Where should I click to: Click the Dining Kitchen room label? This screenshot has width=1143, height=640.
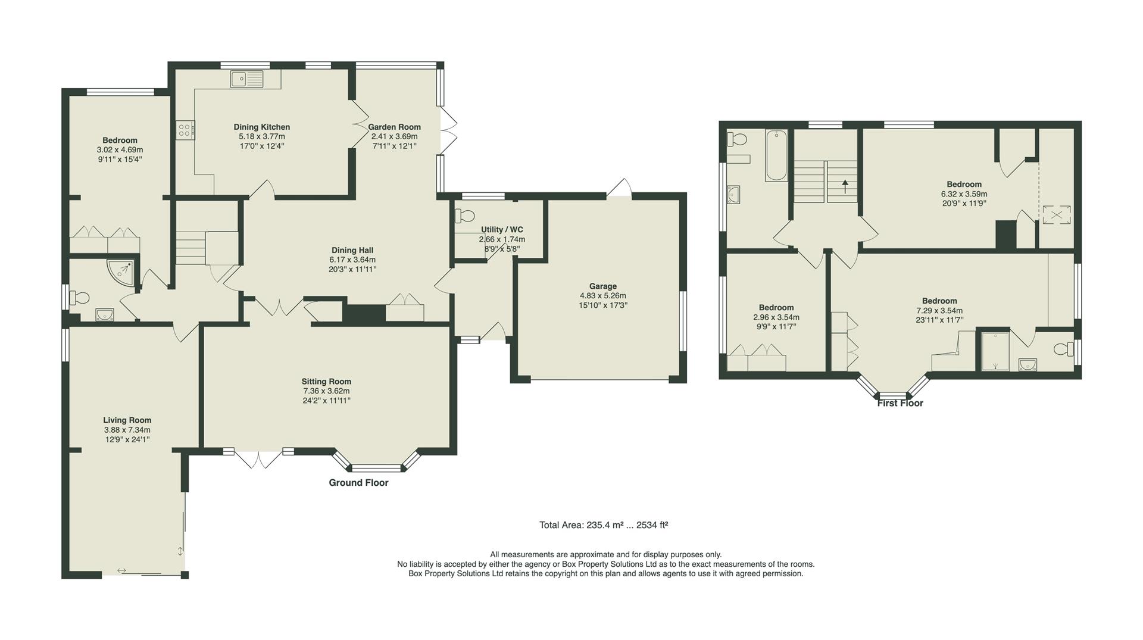[x=262, y=127]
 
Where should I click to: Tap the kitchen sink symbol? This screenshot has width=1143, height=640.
[x=246, y=79]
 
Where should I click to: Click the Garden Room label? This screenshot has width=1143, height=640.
[x=394, y=127]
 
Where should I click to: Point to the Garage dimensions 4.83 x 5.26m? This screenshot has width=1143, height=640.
[x=602, y=296]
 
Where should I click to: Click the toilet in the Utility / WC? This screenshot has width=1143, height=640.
[x=466, y=215]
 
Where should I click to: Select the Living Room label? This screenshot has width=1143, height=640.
[x=127, y=420]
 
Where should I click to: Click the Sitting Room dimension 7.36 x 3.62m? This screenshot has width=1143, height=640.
[x=326, y=391]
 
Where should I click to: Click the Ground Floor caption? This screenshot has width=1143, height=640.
[x=358, y=483]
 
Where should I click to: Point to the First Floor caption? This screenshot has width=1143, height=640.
[x=900, y=404]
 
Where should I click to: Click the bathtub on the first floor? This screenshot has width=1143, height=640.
[x=776, y=155]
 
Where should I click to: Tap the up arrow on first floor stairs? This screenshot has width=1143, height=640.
[x=844, y=182]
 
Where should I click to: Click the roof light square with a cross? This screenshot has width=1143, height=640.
[x=1055, y=215]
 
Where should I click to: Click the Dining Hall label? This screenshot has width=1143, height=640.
[x=352, y=251]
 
